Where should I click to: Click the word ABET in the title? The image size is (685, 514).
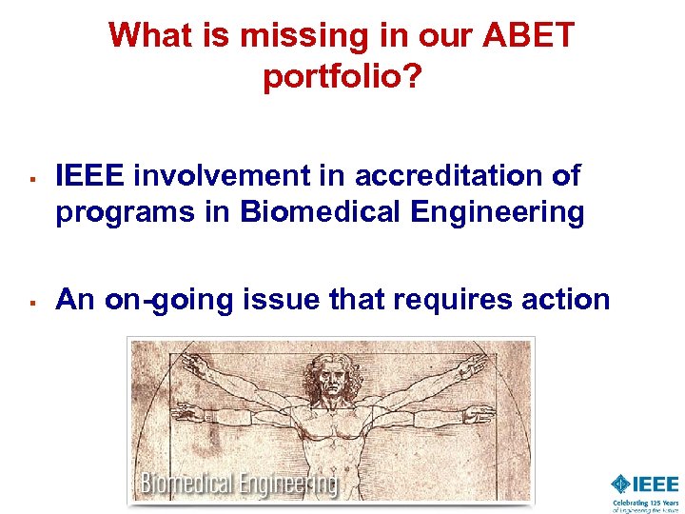pos(529,35)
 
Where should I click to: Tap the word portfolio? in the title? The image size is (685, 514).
pos(342,77)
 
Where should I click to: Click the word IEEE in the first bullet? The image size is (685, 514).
pos(91,175)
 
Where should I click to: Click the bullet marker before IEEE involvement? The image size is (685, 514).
pos(30,178)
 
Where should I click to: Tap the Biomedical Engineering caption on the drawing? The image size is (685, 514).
pos(238,484)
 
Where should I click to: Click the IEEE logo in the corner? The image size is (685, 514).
pos(645,484)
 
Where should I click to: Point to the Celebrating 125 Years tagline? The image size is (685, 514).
pos(645,505)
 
